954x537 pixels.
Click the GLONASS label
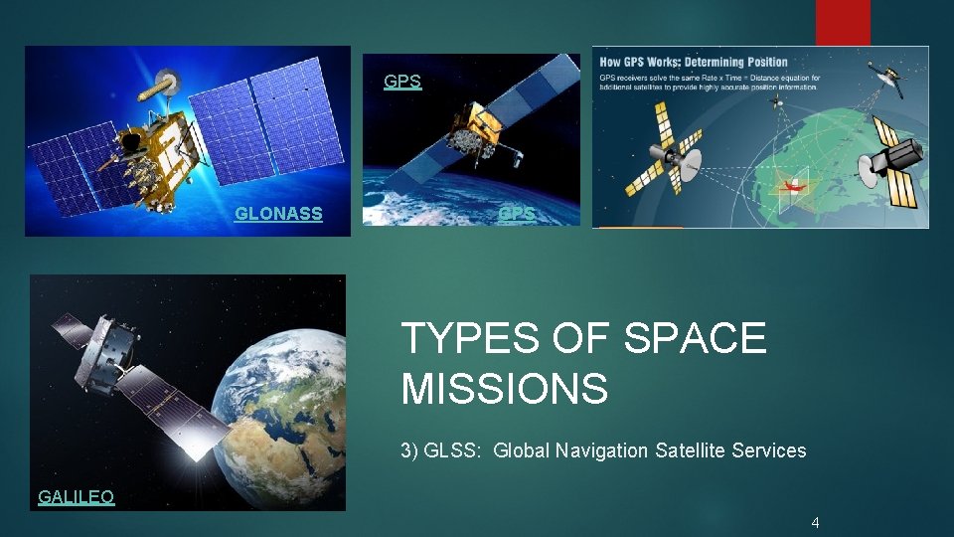tap(278, 213)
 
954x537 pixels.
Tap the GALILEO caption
tap(76, 497)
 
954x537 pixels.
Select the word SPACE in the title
tap(695, 339)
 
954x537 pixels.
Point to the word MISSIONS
tap(504, 388)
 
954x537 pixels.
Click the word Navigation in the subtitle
tap(603, 450)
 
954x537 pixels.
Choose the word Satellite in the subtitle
tap(691, 450)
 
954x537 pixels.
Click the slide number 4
tap(815, 522)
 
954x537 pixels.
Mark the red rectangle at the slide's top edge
tap(843, 22)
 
